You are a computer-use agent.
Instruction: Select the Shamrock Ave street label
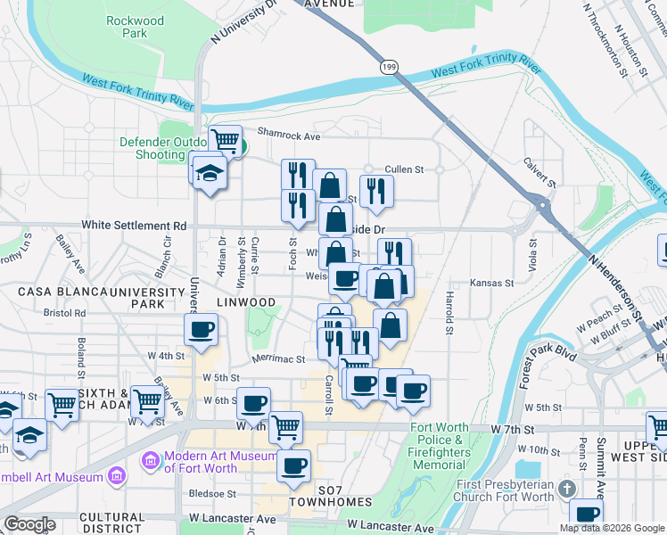point(288,136)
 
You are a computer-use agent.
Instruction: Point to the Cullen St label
point(403,169)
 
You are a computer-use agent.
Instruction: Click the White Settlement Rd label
point(134,226)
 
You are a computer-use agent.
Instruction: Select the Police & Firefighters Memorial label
point(440,446)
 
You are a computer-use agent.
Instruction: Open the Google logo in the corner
point(30,524)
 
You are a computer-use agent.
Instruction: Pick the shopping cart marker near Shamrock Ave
point(226,141)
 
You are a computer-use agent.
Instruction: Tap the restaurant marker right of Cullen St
point(376,191)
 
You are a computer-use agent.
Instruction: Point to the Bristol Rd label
point(68,314)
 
